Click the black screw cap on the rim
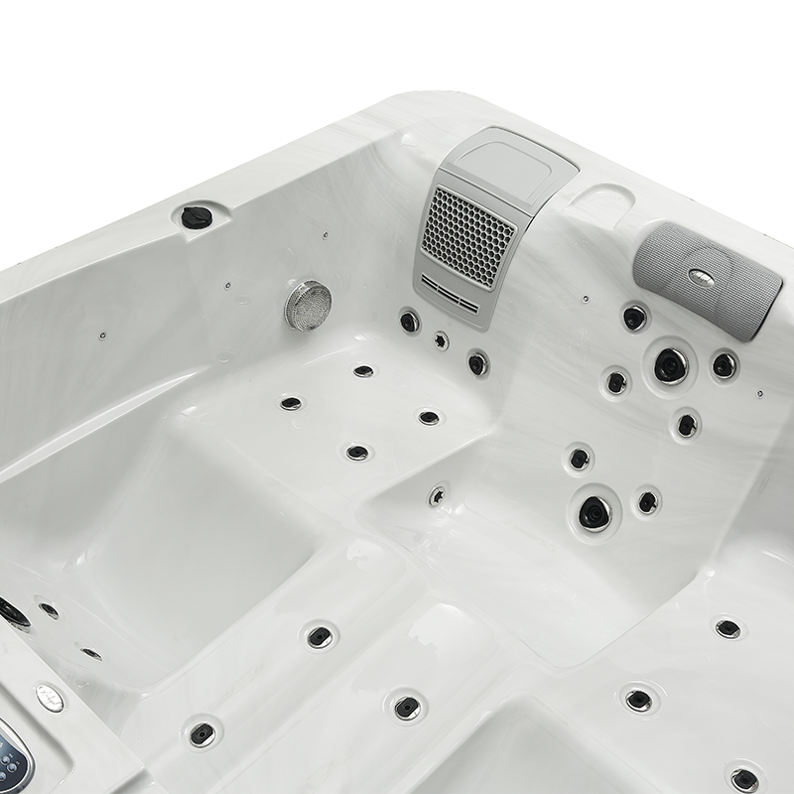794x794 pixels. click(197, 216)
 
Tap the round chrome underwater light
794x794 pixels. click(308, 305)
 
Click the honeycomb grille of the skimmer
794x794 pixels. click(468, 235)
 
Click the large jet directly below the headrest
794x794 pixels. click(671, 364)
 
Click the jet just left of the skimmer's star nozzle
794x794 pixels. click(409, 321)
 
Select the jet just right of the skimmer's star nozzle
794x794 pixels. click(477, 363)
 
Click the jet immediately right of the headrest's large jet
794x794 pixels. click(725, 365)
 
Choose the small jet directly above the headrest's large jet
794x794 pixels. click(634, 318)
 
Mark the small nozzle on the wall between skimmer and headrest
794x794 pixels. click(586, 298)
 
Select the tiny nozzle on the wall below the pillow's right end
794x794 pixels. click(759, 393)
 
